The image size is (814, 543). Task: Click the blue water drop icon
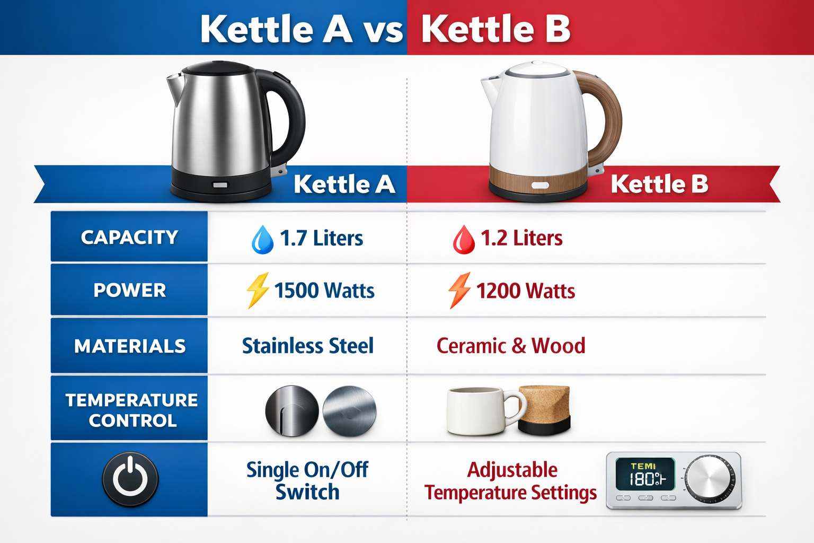tap(262, 240)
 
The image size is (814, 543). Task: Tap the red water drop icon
tap(464, 240)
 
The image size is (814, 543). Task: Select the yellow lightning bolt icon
tap(258, 291)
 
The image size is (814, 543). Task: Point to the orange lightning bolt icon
tap(459, 291)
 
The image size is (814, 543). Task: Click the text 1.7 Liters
tap(321, 239)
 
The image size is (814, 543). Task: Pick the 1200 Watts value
tap(525, 291)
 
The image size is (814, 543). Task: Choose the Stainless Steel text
tap(307, 346)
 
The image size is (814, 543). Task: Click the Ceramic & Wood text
tap(511, 346)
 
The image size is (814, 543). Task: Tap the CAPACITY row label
tap(129, 237)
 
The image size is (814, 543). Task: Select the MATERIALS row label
tap(130, 346)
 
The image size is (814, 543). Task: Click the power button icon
tap(130, 479)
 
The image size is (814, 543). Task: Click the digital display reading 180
tap(645, 475)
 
